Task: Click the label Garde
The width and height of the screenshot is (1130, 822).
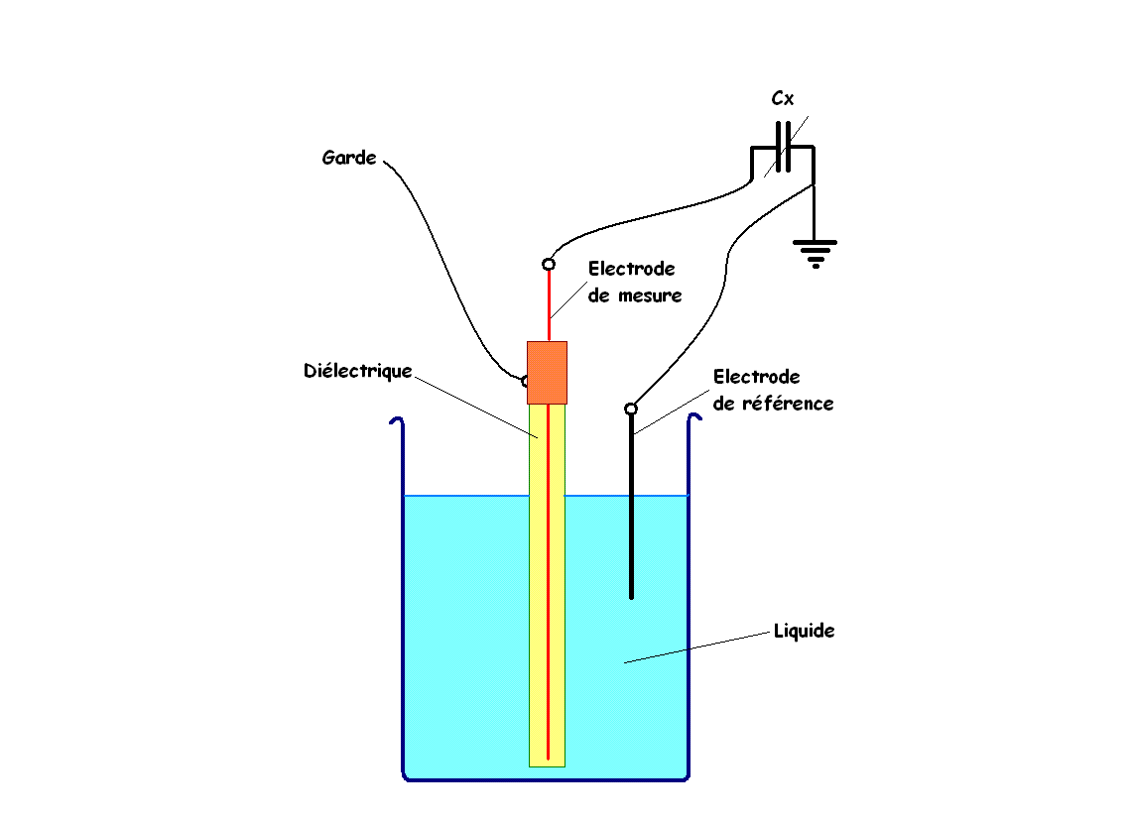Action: [349, 158]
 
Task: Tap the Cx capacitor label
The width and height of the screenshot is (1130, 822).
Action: [783, 98]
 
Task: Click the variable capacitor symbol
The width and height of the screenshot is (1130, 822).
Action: [784, 147]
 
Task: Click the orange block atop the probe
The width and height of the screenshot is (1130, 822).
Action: [547, 373]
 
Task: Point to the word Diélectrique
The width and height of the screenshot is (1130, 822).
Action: [357, 371]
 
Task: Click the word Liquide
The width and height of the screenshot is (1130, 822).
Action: [805, 631]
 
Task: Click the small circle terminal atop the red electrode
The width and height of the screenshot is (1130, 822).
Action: [549, 265]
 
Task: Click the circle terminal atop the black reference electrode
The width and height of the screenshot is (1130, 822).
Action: [631, 410]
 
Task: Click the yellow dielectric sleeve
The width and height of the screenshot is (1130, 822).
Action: [547, 585]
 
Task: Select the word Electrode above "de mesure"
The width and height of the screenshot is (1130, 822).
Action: [631, 269]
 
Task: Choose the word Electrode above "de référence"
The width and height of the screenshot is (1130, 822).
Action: [757, 377]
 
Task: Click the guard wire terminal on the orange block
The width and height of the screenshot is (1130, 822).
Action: [525, 381]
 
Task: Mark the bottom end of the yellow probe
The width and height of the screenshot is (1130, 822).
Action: [547, 766]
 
